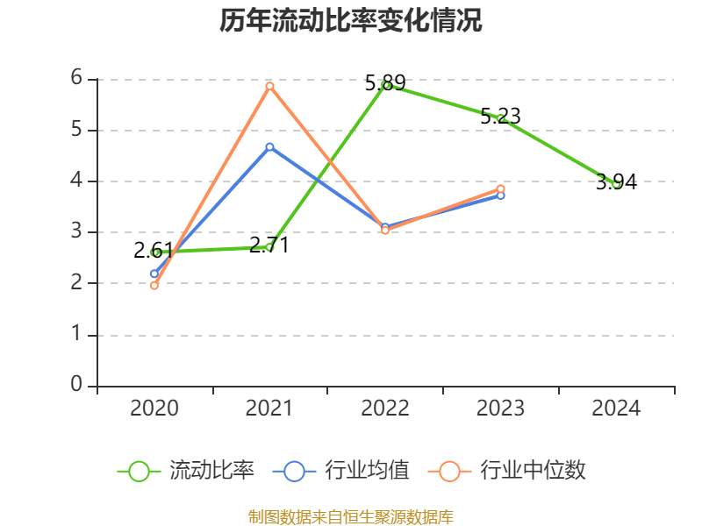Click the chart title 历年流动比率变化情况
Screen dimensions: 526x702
[x=351, y=20]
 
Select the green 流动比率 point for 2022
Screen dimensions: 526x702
[x=385, y=85]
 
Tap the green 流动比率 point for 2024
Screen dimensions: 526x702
[x=616, y=184]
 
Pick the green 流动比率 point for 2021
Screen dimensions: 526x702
[x=269, y=247]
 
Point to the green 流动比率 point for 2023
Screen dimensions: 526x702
[x=500, y=117]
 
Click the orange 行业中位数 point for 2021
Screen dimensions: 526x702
[x=269, y=86]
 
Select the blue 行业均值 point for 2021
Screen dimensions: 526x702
[x=269, y=146]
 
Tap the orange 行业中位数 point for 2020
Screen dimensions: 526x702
[x=154, y=285]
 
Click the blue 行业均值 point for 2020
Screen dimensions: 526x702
[x=154, y=274]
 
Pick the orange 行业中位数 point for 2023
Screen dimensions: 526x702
[x=500, y=188]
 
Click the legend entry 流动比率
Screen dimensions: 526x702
[x=186, y=471]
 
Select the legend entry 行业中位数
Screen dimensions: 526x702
[x=507, y=471]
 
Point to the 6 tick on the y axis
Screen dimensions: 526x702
[x=76, y=78]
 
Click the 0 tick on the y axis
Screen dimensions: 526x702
[x=76, y=385]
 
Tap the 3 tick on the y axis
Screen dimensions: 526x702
[x=76, y=231]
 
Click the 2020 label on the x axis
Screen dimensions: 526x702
[x=154, y=408]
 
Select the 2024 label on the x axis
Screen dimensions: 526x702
[x=616, y=408]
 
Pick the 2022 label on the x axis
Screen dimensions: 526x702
[x=385, y=408]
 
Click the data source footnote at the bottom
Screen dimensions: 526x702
[x=351, y=516]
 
